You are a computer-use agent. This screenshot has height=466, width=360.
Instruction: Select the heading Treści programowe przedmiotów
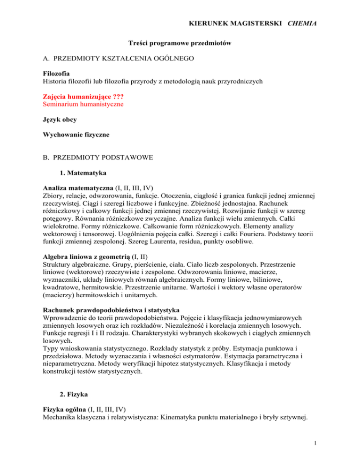point(180,43)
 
